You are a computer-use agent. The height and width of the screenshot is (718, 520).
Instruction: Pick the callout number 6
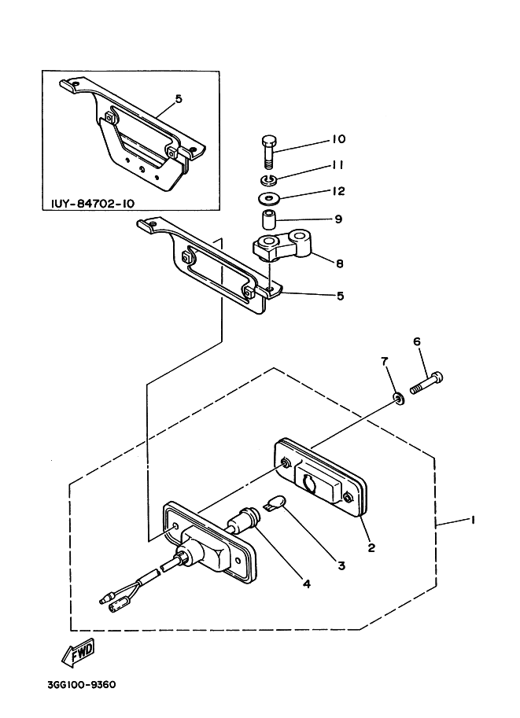pyautogui.click(x=418, y=341)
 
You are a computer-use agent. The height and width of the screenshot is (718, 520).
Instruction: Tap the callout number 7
pyautogui.click(x=385, y=361)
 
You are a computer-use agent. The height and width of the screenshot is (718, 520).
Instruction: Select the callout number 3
pyautogui.click(x=341, y=565)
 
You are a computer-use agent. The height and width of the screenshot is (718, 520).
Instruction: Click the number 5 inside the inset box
pyautogui.click(x=179, y=99)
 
